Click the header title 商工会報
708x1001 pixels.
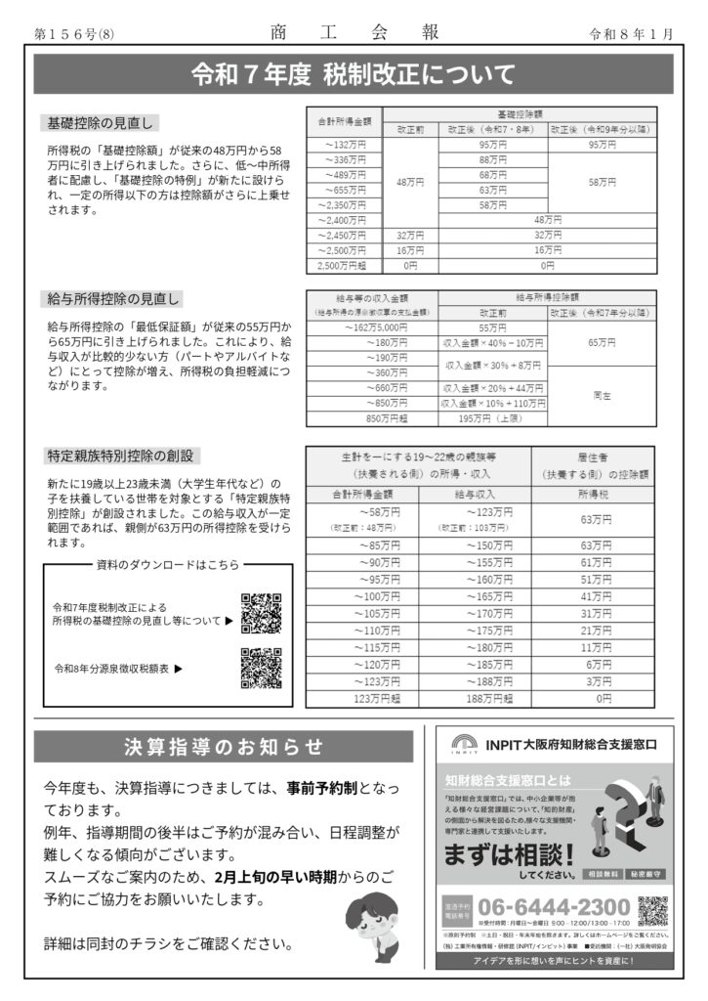tap(353, 32)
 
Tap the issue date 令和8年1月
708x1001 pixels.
tap(632, 33)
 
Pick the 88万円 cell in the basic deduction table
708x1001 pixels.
tap(492, 159)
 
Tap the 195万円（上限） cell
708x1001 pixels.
tap(492, 418)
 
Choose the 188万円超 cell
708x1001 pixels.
tap(475, 699)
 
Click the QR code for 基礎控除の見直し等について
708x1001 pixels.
tap(261, 613)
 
